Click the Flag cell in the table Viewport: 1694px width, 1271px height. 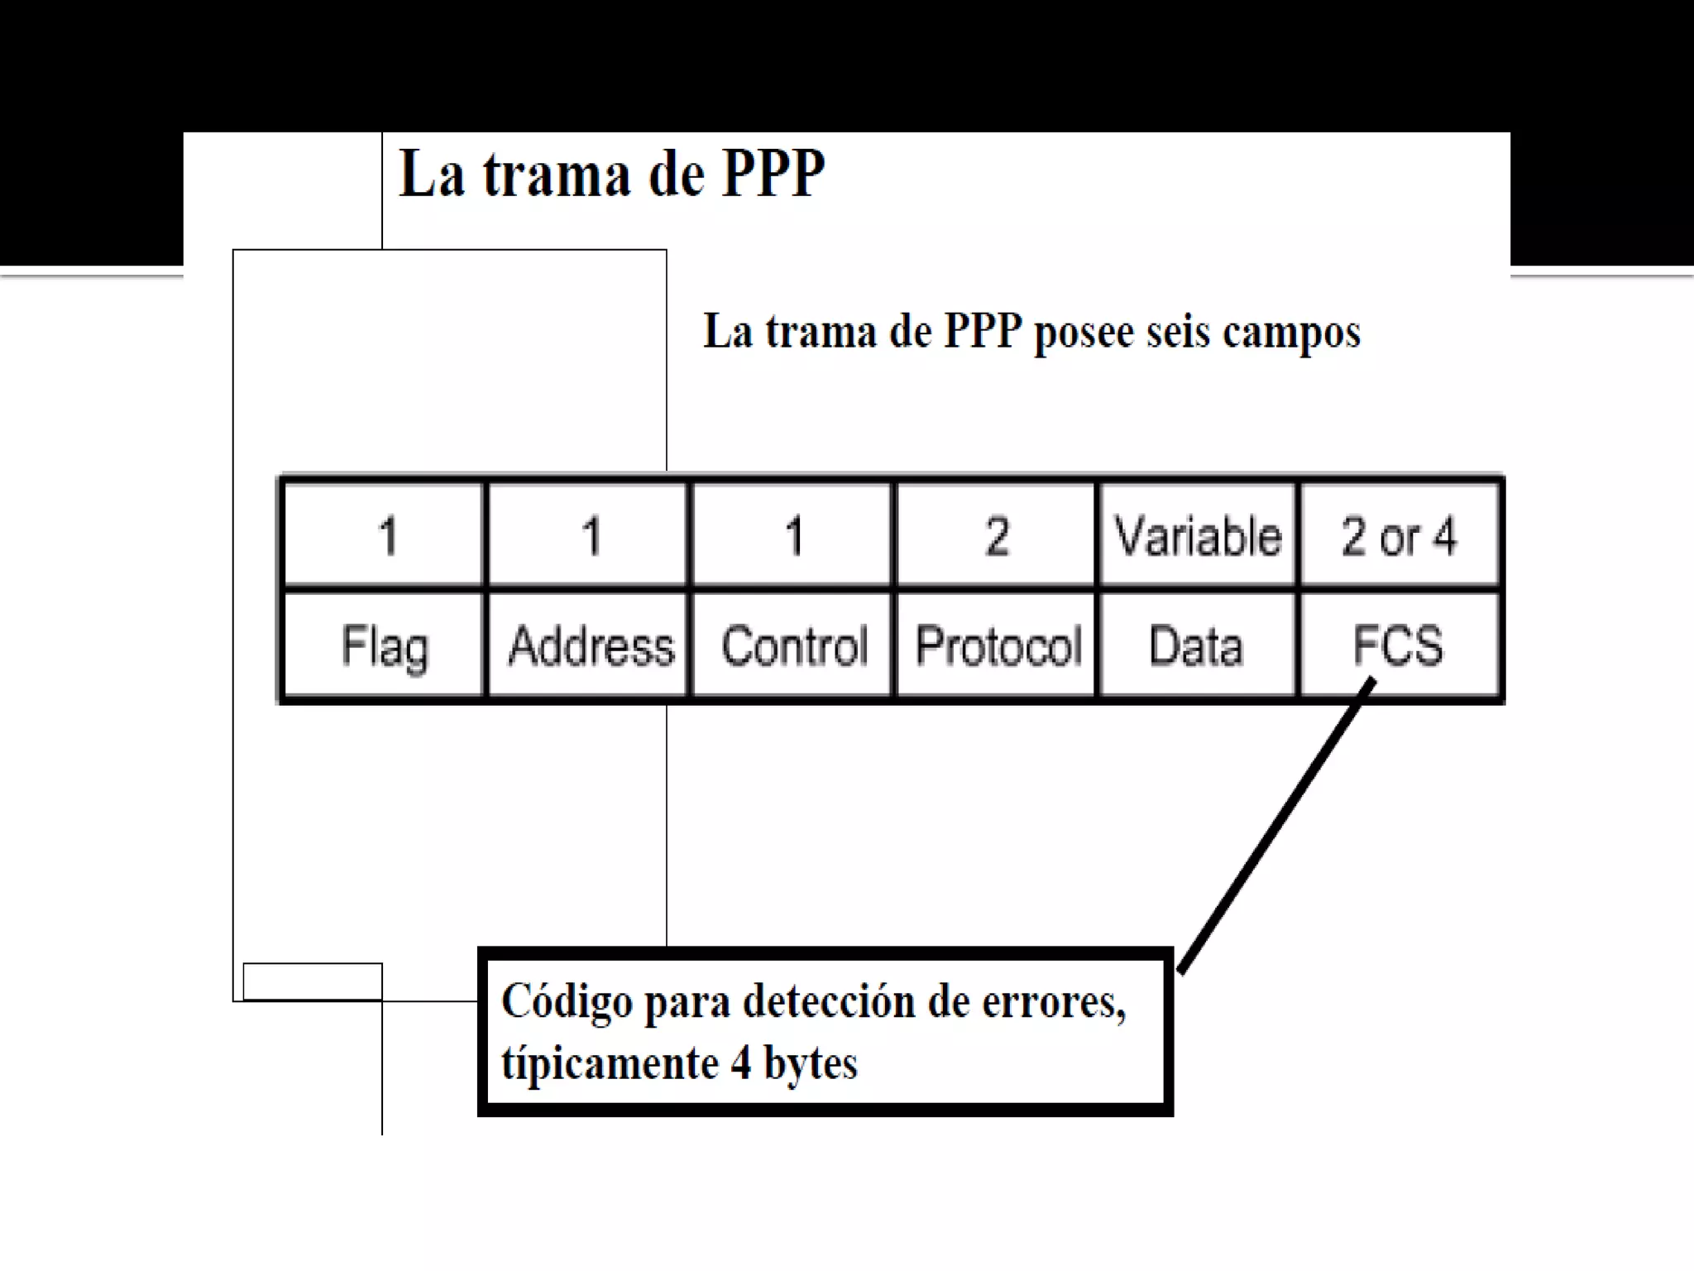pos(384,645)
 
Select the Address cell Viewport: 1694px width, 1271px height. pos(589,645)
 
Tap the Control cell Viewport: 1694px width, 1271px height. pos(793,645)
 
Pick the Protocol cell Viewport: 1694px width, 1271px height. pos(998,645)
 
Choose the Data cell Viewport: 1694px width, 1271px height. pos(1196,645)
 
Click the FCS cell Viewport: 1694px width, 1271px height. pos(1398,645)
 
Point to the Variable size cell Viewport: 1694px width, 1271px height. pos(1197,535)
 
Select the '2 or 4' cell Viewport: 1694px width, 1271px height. pos(1398,535)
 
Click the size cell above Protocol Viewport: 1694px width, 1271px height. pos(997,535)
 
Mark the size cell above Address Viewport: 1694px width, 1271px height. pos(590,535)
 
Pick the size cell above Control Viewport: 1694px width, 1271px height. pos(793,535)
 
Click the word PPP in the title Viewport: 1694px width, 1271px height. pos(773,175)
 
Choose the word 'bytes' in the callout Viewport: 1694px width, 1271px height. pos(810,1063)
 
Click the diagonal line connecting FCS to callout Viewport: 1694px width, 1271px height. pos(1274,827)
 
